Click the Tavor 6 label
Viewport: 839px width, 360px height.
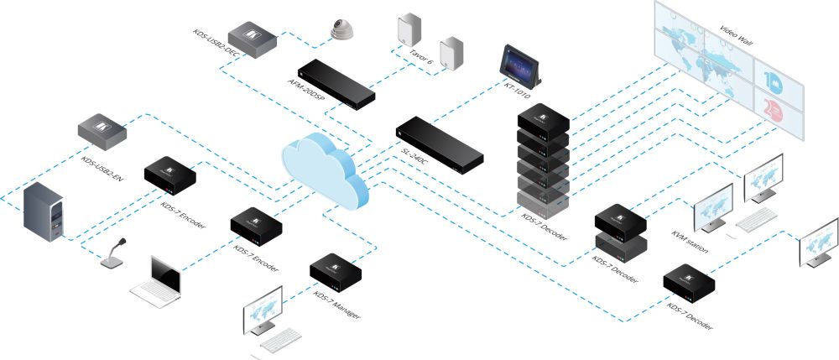(x=419, y=61)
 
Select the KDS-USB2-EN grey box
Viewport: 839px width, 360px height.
(x=102, y=128)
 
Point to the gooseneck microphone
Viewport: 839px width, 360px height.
(x=114, y=255)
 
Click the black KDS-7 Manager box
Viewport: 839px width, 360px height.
(x=336, y=269)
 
